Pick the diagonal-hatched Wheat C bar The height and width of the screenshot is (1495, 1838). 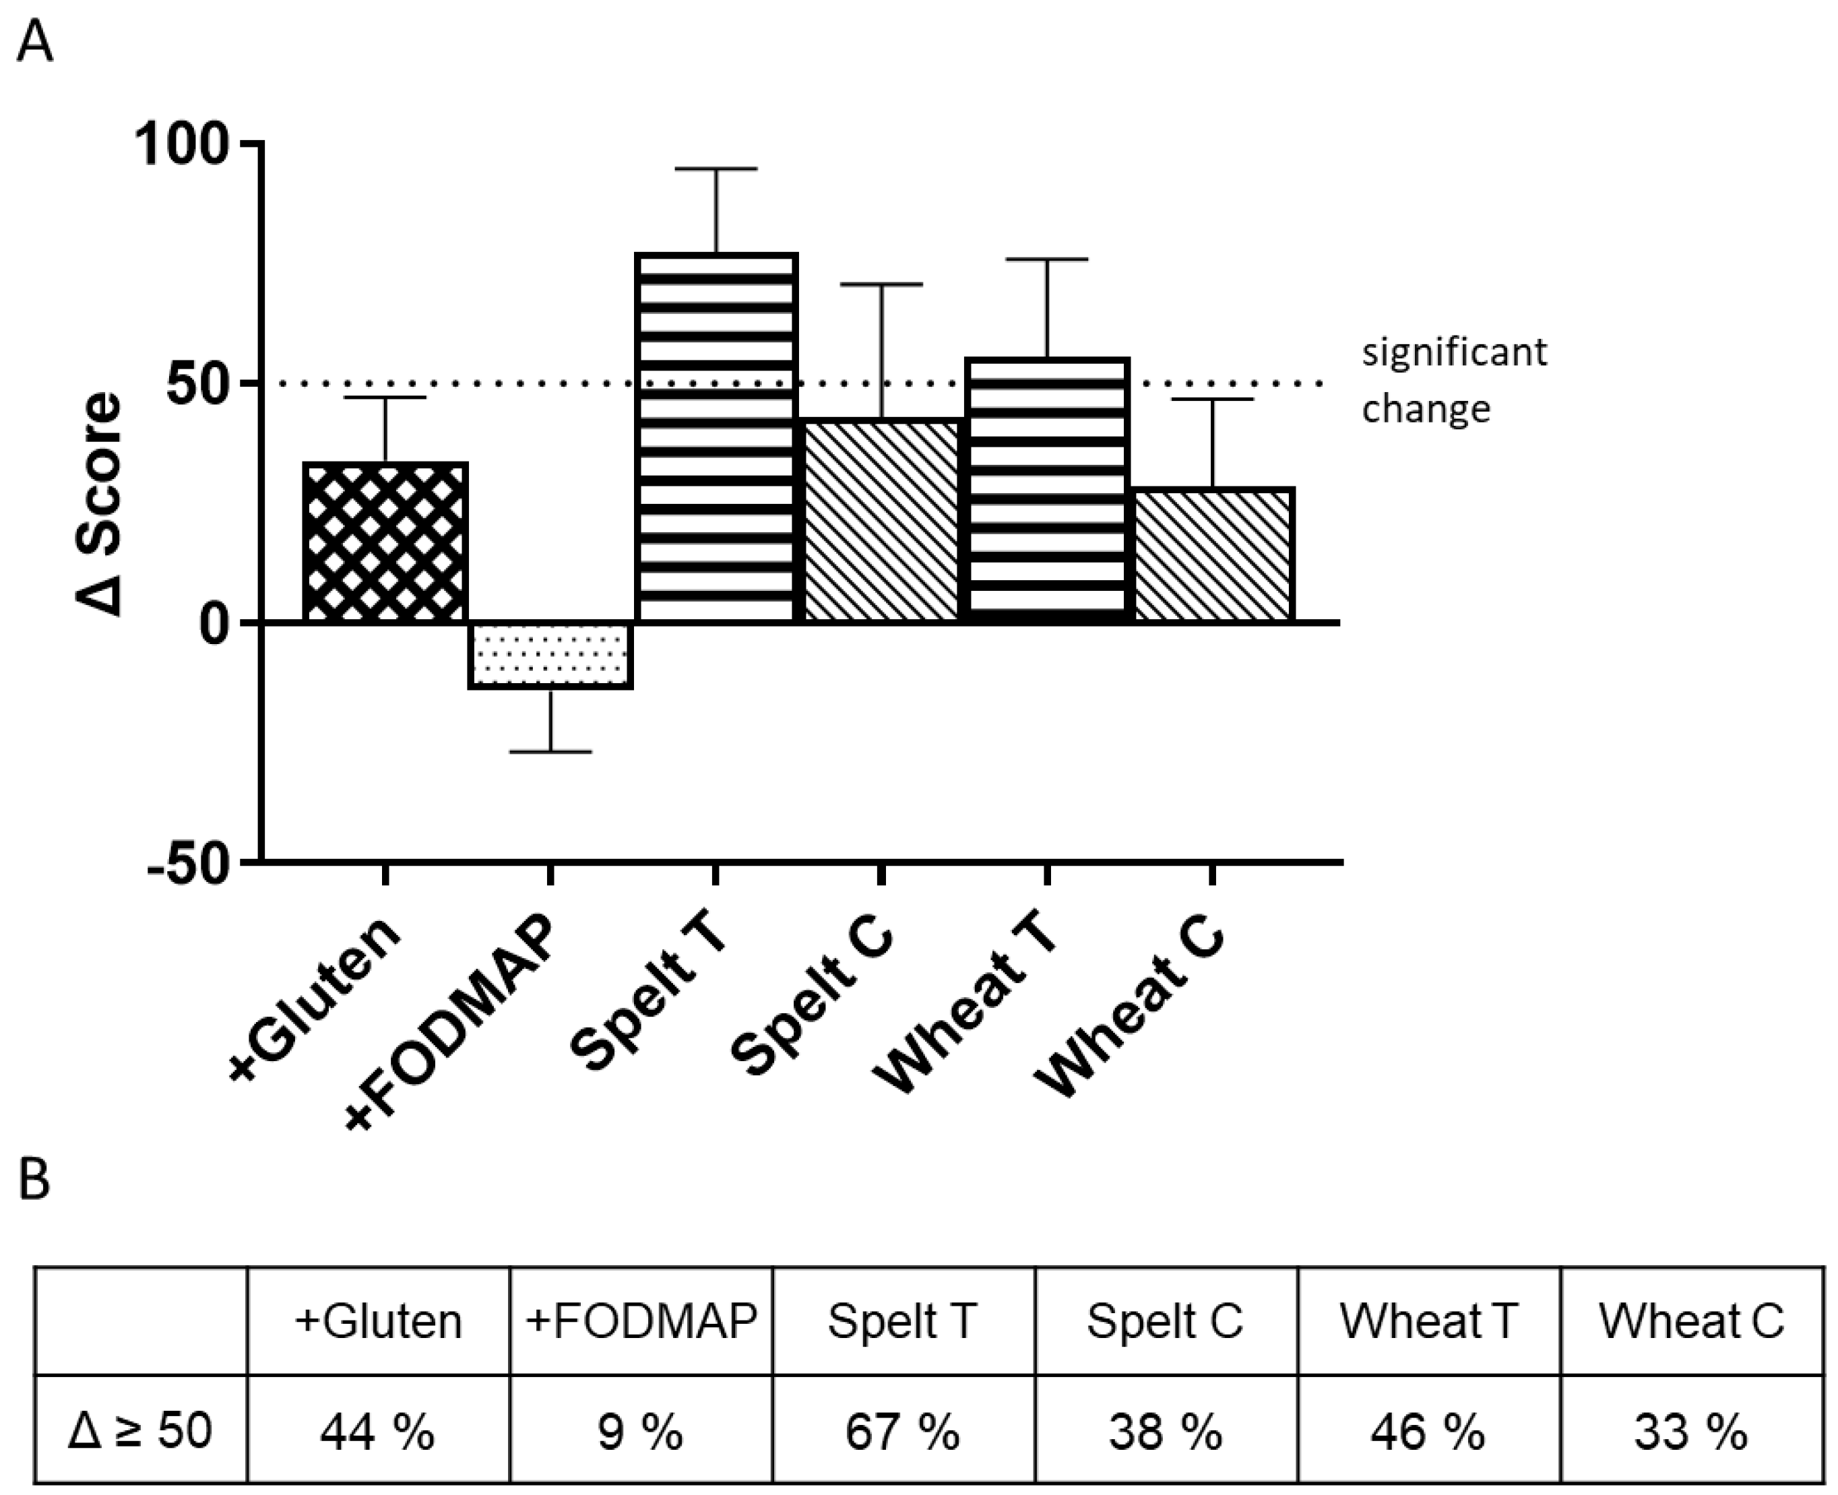pyautogui.click(x=1213, y=554)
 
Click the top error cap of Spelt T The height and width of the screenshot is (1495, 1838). pyautogui.click(x=716, y=169)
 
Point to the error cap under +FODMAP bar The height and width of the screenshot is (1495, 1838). pyautogui.click(x=550, y=752)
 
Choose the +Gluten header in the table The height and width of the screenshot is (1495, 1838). pyautogui.click(x=378, y=1321)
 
